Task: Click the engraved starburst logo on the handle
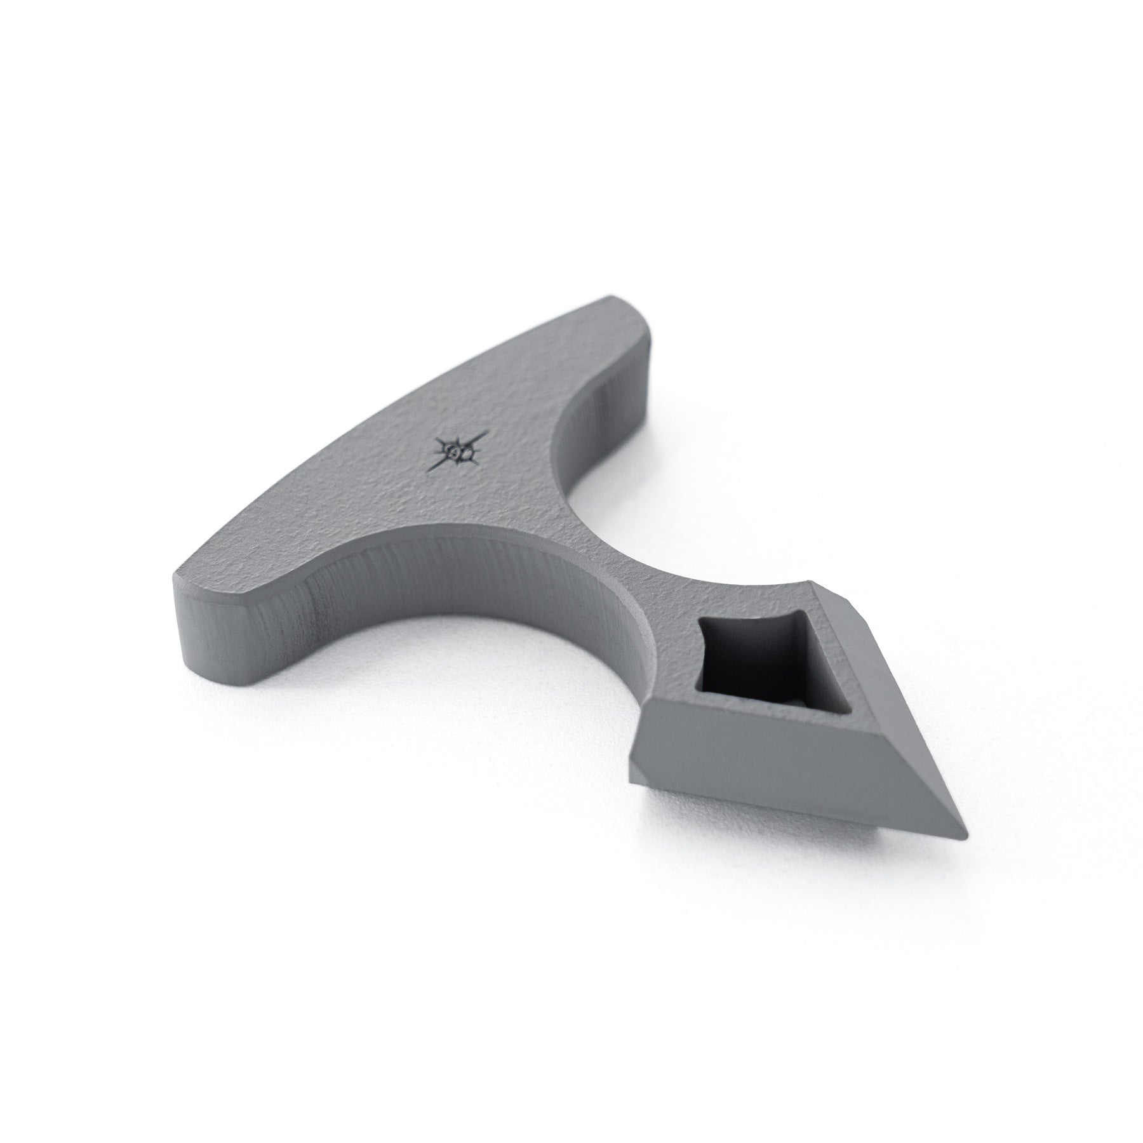[462, 451]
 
